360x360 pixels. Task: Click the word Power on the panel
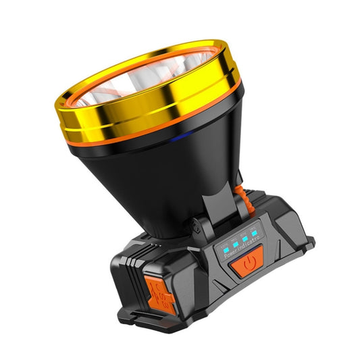coord(229,255)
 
